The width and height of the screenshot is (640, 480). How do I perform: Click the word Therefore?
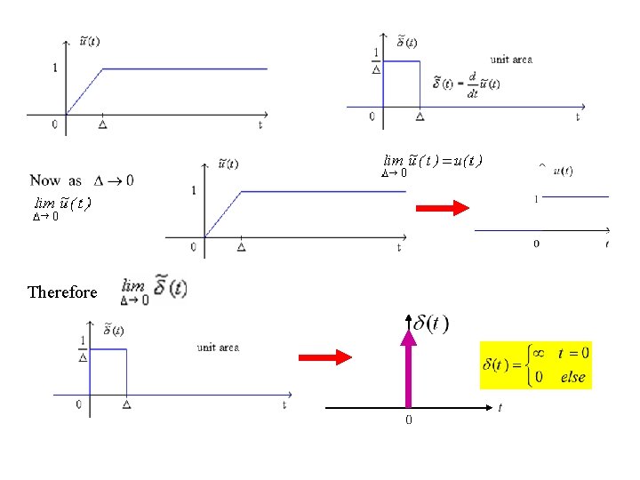(62, 292)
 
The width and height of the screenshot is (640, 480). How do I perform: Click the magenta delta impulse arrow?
(410, 364)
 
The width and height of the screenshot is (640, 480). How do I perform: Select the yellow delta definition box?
(536, 364)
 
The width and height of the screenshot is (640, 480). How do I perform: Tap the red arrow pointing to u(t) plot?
(444, 208)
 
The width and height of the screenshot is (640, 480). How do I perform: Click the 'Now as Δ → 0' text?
(82, 180)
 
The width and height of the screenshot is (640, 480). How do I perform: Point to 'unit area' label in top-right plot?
(511, 60)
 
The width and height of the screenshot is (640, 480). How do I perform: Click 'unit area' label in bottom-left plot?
(218, 348)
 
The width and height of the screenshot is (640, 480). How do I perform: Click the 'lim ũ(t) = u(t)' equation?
(432, 162)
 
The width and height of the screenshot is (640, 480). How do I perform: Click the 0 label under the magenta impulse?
(409, 419)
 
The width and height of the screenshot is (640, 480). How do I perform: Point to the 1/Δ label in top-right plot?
(376, 61)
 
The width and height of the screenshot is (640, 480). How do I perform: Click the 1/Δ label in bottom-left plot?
(83, 348)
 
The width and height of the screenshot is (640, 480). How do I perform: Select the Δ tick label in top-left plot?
(103, 125)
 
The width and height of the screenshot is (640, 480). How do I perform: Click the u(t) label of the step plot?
(562, 171)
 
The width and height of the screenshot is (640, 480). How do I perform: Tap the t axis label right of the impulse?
(500, 408)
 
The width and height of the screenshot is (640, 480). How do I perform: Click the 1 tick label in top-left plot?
(55, 68)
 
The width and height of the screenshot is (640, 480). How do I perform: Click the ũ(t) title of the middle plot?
(228, 164)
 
